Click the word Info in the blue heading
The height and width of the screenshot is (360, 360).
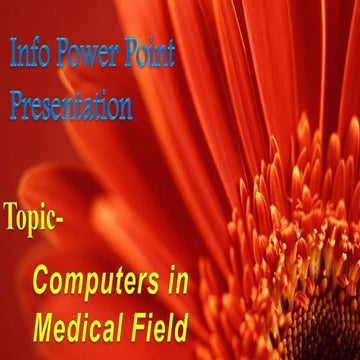pyautogui.click(x=29, y=54)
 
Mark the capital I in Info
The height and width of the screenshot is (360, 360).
pyautogui.click(x=13, y=54)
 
